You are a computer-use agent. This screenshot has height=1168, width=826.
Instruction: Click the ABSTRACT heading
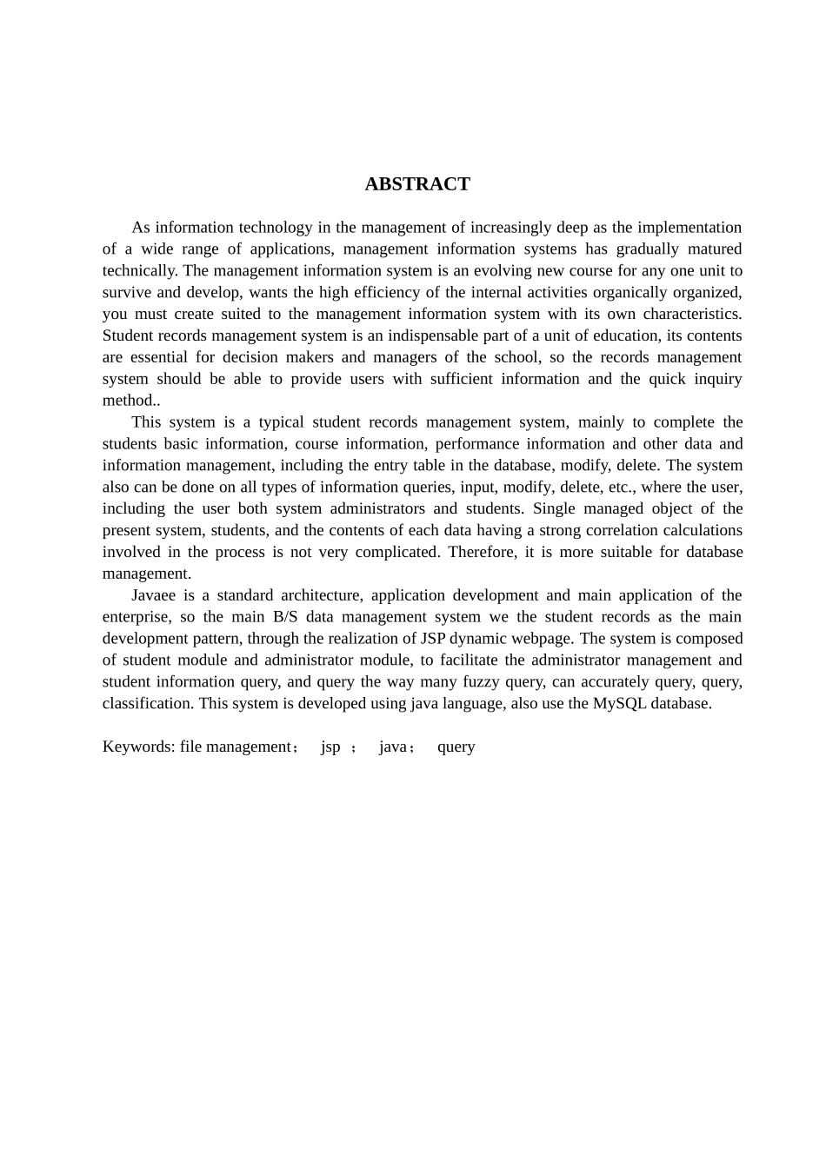point(417,184)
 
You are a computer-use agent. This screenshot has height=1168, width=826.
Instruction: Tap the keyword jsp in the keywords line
point(330,747)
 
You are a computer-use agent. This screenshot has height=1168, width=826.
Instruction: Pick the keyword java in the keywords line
point(393,747)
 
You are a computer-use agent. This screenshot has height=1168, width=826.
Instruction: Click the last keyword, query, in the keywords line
point(456,747)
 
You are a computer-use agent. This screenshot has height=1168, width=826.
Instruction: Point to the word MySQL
point(620,703)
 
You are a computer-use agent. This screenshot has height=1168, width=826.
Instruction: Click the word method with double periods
point(130,401)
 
